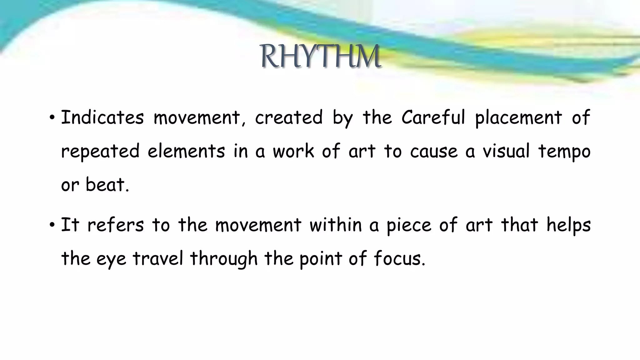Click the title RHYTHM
[320, 57]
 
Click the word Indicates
[102, 118]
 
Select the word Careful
[433, 118]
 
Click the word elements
[186, 151]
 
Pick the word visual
[506, 151]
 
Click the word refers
[115, 225]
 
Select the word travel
[158, 259]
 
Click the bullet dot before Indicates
[52, 118]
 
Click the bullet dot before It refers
[52, 225]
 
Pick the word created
[289, 118]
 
